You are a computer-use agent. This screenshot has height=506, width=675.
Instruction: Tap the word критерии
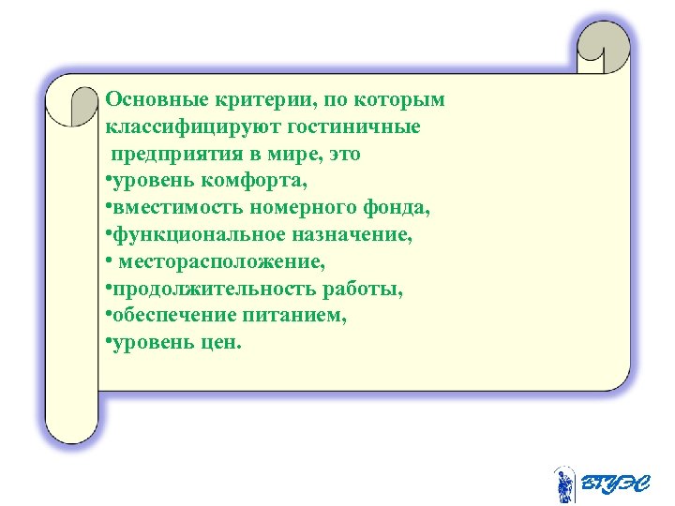247,98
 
